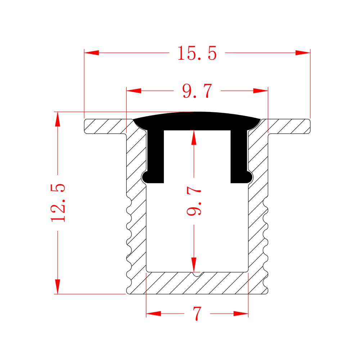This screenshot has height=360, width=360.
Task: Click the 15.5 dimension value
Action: click(x=197, y=53)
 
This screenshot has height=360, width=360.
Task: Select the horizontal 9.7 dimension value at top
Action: click(x=197, y=91)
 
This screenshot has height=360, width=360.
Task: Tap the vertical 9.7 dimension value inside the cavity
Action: click(x=194, y=201)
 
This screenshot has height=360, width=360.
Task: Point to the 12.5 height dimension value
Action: click(x=58, y=202)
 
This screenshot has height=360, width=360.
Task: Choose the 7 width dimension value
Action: click(x=197, y=314)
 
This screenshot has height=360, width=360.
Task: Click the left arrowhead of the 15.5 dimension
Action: click(x=91, y=53)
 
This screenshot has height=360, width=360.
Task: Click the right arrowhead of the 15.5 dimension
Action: click(x=303, y=53)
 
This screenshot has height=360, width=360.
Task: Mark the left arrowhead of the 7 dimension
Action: click(x=154, y=314)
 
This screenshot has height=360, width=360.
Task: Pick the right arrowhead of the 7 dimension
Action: click(x=241, y=314)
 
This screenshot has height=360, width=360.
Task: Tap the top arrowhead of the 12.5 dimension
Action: click(x=57, y=119)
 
